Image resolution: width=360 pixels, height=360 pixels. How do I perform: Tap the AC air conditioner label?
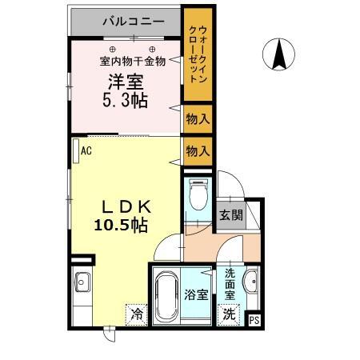[x=85, y=150]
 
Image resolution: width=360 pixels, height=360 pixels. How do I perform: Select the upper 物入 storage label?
[x=198, y=119]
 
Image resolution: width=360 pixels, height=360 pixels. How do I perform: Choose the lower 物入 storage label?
[x=198, y=150]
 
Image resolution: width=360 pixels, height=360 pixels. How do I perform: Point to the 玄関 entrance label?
[x=232, y=214]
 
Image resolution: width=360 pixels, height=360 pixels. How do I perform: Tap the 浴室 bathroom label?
[x=197, y=294]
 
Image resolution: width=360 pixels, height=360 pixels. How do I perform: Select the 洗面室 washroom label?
[x=230, y=284]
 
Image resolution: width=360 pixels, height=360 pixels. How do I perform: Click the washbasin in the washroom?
[x=250, y=281]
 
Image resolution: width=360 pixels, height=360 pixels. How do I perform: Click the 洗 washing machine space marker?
[x=230, y=314]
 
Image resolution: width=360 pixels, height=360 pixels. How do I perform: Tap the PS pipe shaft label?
[x=254, y=320]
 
